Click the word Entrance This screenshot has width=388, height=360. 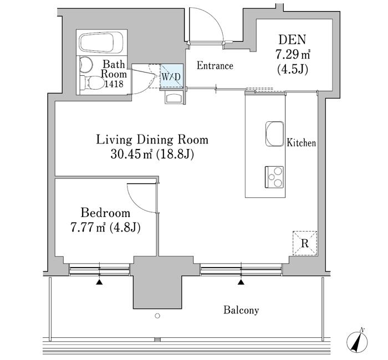pos(215,66)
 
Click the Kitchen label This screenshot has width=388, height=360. pos(301,143)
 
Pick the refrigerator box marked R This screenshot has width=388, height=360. pos(305,242)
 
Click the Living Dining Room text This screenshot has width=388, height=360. pos(152,140)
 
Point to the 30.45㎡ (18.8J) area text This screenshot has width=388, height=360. pos(152,155)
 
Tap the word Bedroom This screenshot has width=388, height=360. pos(105,213)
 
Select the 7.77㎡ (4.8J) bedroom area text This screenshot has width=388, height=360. pos(105,227)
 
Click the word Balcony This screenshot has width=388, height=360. pos(241,310)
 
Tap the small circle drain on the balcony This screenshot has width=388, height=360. pos(157,316)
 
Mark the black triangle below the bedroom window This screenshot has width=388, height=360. pos(99,282)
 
